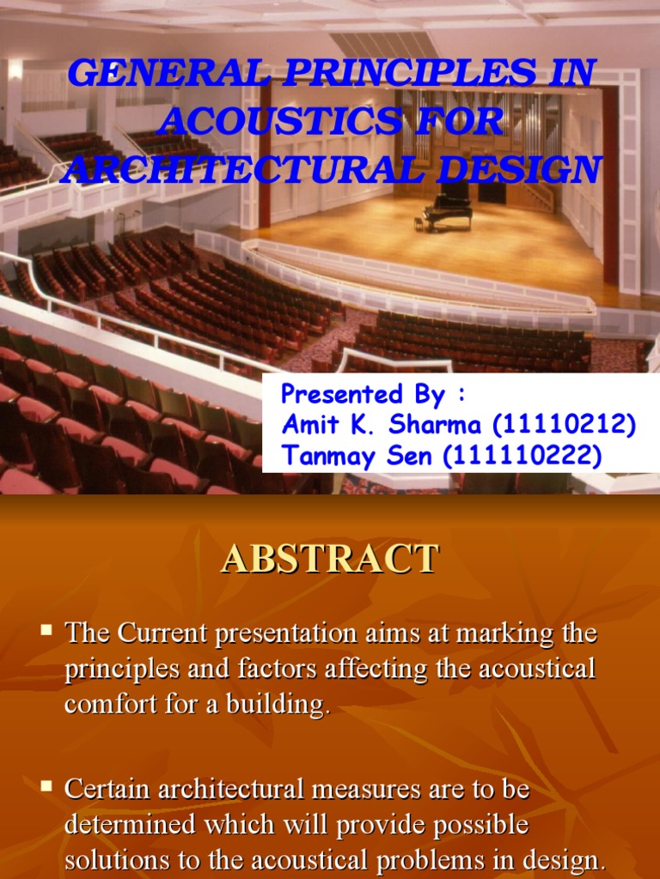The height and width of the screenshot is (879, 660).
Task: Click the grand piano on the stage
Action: [x=445, y=210]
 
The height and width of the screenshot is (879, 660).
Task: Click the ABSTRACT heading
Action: [x=330, y=559]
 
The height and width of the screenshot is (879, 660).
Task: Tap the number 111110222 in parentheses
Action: [x=522, y=456]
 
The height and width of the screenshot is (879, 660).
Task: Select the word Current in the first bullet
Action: [x=162, y=635]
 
